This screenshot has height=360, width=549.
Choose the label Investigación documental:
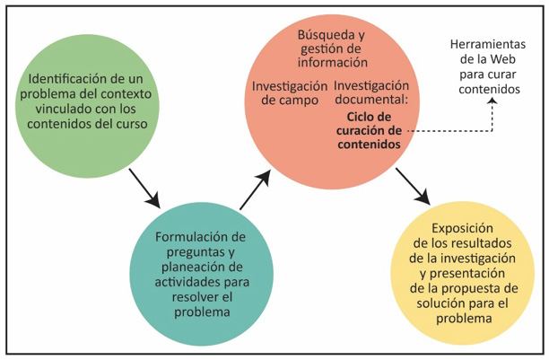click(x=370, y=93)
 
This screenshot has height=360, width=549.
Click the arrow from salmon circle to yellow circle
click(x=410, y=184)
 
